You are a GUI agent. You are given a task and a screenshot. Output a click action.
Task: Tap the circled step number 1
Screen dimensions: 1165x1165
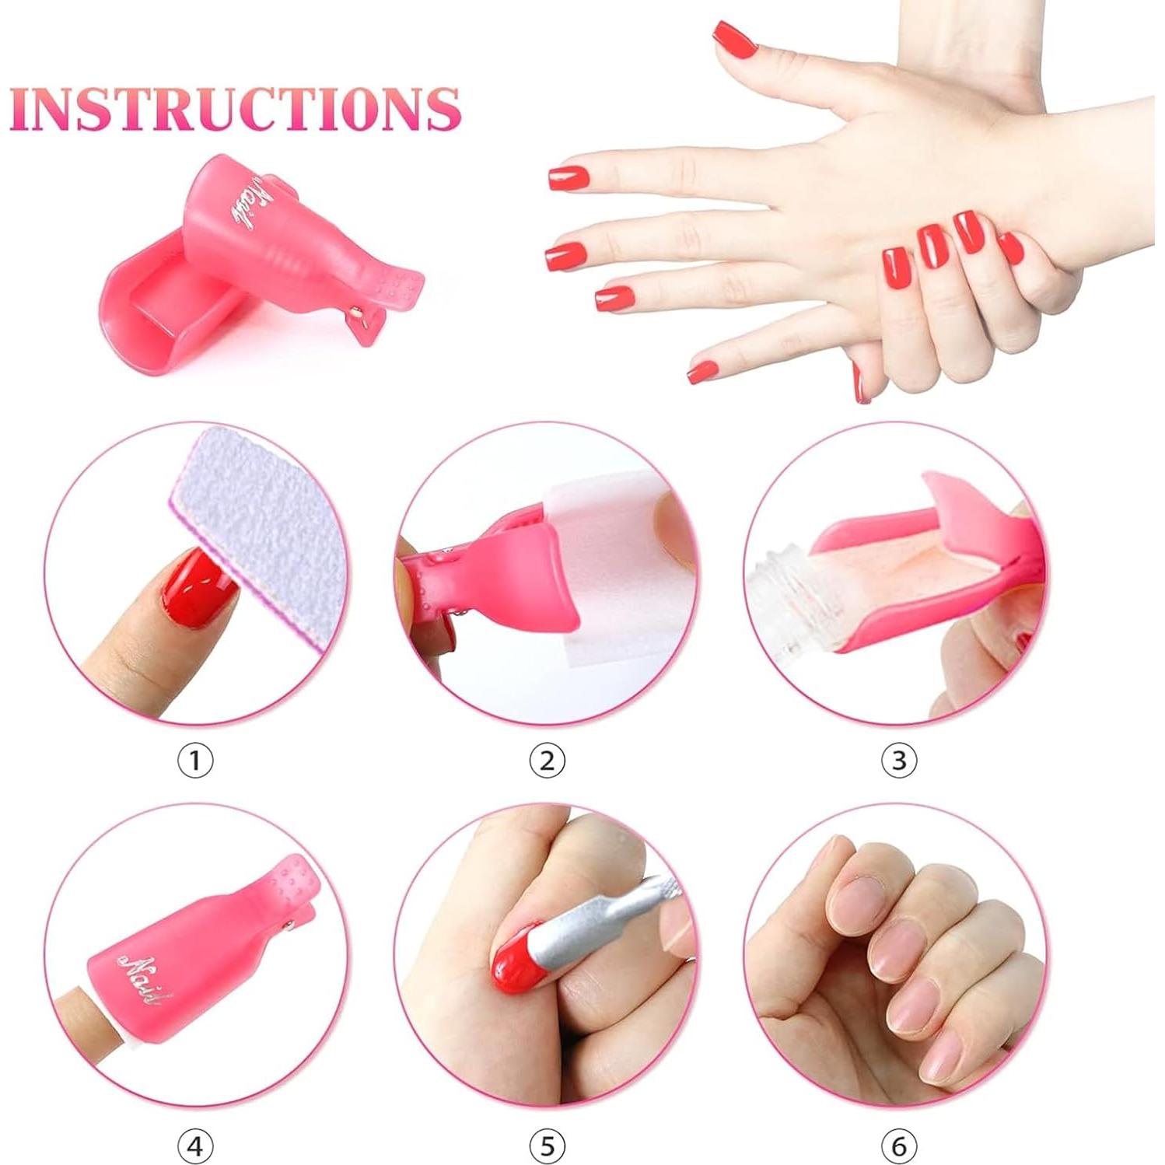click(195, 760)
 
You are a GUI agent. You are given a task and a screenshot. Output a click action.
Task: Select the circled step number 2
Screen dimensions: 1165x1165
click(547, 760)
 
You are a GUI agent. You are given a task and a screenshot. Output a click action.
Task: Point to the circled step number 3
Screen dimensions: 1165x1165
click(898, 760)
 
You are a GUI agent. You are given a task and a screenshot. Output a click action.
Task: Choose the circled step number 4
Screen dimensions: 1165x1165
click(195, 1146)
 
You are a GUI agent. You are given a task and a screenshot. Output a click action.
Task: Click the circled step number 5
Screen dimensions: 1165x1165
click(547, 1146)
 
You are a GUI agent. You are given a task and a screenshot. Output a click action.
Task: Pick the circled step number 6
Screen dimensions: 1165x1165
click(898, 1146)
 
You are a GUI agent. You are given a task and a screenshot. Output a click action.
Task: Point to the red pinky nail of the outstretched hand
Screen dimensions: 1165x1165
click(703, 372)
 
